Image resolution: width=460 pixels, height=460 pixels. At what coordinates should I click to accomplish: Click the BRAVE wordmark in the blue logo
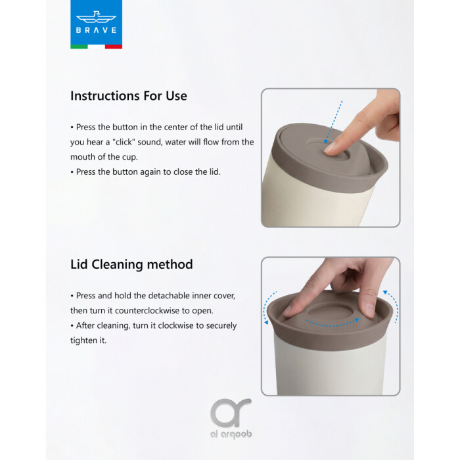pyautogui.click(x=96, y=30)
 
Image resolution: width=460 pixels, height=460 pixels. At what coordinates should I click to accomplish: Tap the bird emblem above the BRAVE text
pyautogui.click(x=96, y=17)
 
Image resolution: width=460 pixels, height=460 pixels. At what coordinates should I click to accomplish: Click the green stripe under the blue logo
pyautogui.click(x=79, y=47)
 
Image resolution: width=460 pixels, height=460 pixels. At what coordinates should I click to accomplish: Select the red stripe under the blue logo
pyautogui.click(x=114, y=47)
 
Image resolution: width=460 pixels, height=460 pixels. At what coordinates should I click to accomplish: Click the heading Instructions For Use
pyautogui.click(x=129, y=96)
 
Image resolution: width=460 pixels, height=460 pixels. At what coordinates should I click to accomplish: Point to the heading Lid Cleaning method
pyautogui.click(x=131, y=264)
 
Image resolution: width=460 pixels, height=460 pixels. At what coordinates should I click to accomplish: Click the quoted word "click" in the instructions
pyautogui.click(x=124, y=142)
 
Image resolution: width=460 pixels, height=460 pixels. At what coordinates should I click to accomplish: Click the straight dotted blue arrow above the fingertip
pyautogui.click(x=333, y=122)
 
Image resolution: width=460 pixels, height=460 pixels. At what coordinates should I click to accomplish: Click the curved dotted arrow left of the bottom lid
pyautogui.click(x=269, y=308)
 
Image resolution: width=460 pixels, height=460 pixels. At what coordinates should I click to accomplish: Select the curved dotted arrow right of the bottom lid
pyautogui.click(x=392, y=306)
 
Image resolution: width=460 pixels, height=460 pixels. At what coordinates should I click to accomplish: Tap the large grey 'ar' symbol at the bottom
pyautogui.click(x=231, y=413)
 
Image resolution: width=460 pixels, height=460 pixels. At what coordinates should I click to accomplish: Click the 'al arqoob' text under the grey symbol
pyautogui.click(x=231, y=434)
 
